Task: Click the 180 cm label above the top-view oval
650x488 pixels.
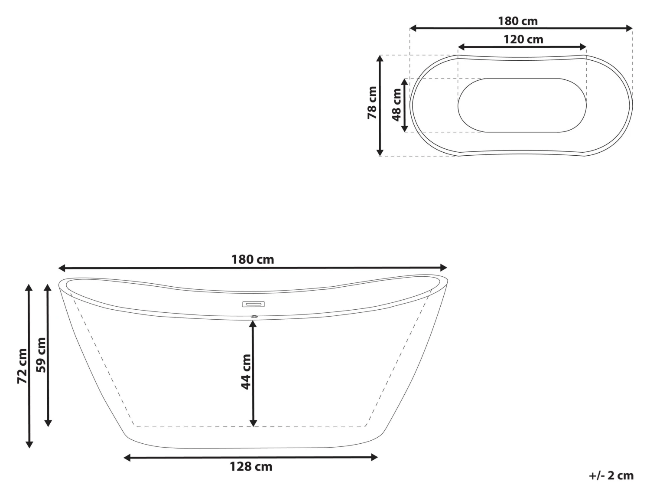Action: [x=517, y=21]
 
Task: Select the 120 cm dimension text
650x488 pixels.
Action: [x=523, y=39]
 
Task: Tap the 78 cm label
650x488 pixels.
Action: [x=372, y=103]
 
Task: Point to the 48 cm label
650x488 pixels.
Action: [x=396, y=105]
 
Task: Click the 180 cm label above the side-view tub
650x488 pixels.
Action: [x=253, y=259]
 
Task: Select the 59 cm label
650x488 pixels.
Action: [x=41, y=354]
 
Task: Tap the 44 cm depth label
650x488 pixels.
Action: [x=246, y=371]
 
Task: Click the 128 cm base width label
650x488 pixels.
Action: [x=251, y=467]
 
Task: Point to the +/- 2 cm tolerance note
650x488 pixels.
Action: [x=611, y=475]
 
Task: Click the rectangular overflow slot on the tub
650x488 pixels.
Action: [x=253, y=304]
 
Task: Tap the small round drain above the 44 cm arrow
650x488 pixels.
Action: [x=254, y=317]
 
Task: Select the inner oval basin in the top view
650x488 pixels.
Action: [x=522, y=105]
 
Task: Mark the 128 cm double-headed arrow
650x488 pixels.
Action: [x=250, y=457]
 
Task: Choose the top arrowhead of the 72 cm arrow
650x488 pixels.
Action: [x=29, y=288]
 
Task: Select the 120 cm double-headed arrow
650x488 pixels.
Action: [x=522, y=47]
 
